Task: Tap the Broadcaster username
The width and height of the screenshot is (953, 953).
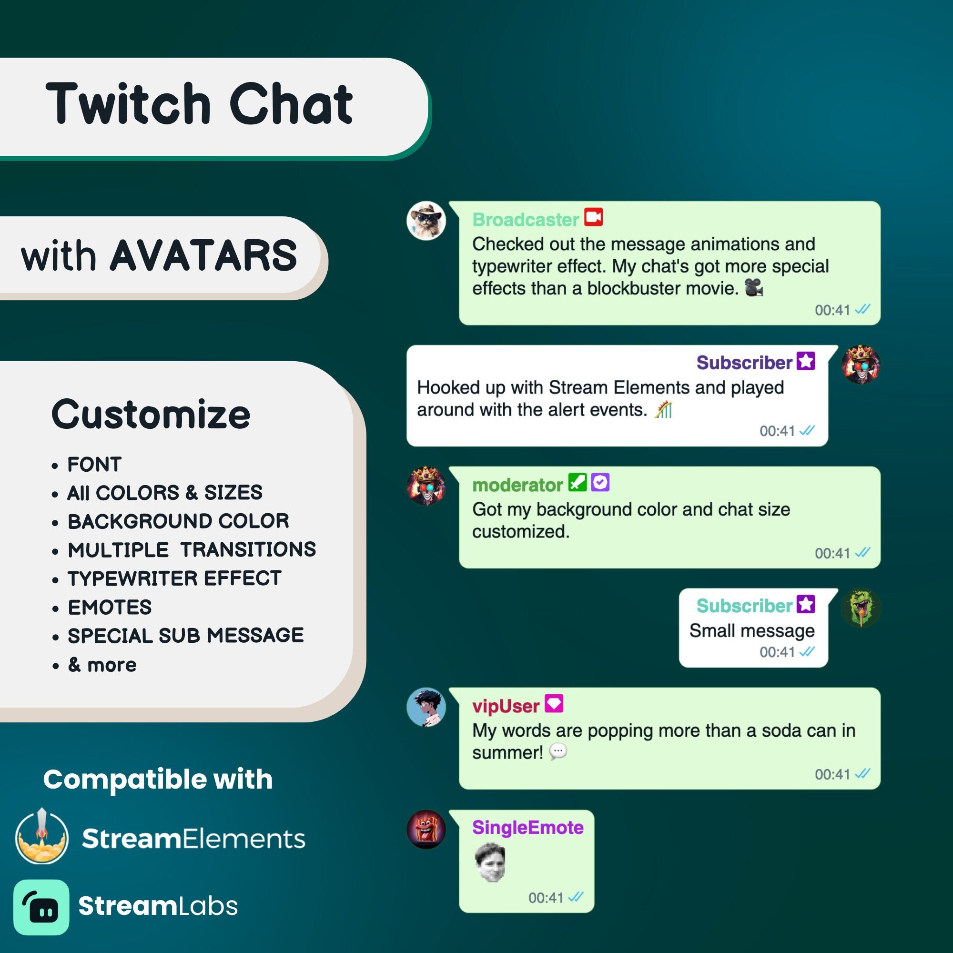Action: pyautogui.click(x=525, y=220)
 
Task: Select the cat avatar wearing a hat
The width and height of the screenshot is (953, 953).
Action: pyautogui.click(x=426, y=221)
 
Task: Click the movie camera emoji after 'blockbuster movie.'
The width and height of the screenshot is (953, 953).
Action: pyautogui.click(x=754, y=288)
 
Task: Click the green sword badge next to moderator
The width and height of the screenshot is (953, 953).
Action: pyautogui.click(x=577, y=482)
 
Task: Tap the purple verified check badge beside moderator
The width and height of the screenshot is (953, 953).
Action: pyautogui.click(x=600, y=482)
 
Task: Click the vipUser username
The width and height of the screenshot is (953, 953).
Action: pyautogui.click(x=506, y=706)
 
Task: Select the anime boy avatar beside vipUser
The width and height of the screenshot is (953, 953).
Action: pyautogui.click(x=426, y=707)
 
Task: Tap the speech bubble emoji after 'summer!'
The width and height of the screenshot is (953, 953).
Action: pyautogui.click(x=558, y=752)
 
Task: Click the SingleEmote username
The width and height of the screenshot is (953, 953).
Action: pyautogui.click(x=528, y=827)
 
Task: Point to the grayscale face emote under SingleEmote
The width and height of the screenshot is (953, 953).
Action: pyautogui.click(x=490, y=862)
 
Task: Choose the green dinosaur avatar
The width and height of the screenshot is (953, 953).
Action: pyautogui.click(x=861, y=608)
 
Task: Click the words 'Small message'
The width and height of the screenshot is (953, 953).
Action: pyautogui.click(x=752, y=631)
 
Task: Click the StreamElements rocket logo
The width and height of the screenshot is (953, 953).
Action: pyautogui.click(x=42, y=837)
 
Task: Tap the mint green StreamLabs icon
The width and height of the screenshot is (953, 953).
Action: pyautogui.click(x=41, y=907)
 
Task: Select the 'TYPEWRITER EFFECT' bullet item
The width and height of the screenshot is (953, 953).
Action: pyautogui.click(x=174, y=578)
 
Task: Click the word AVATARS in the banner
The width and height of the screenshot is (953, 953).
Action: pyautogui.click(x=203, y=255)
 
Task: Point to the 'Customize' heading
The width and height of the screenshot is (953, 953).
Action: pyautogui.click(x=151, y=415)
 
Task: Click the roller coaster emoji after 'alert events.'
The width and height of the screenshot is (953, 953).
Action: pyautogui.click(x=663, y=409)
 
